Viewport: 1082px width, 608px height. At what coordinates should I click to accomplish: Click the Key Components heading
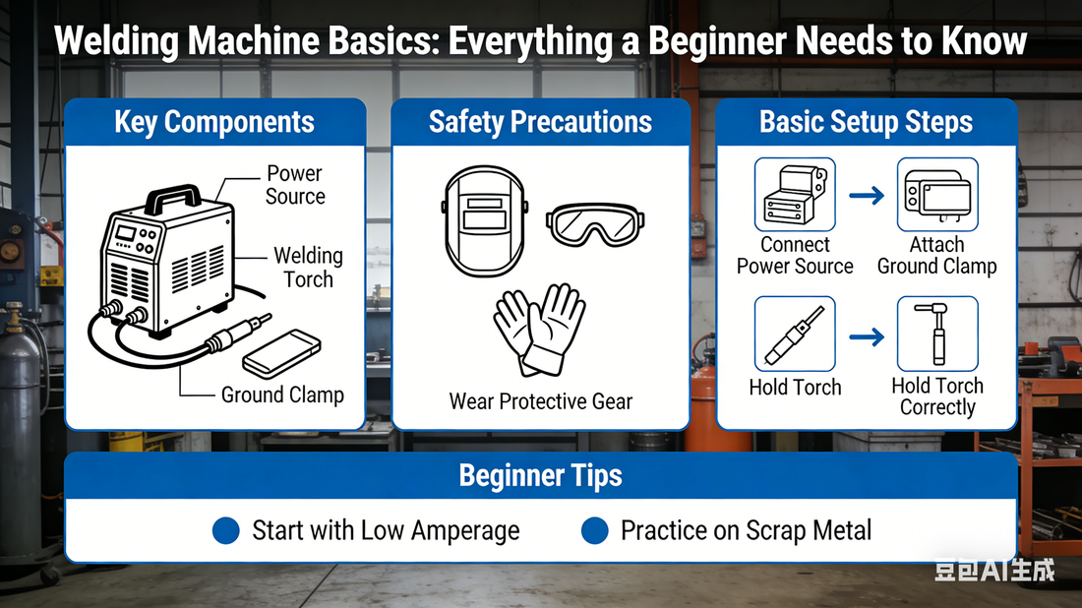click(x=214, y=123)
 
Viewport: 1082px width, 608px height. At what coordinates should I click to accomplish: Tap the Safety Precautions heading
click(x=540, y=122)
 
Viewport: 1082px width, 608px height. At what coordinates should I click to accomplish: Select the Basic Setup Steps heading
click(x=866, y=122)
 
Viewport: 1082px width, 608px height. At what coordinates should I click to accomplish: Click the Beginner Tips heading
click(x=540, y=476)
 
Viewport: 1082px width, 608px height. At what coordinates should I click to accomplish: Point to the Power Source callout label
click(x=294, y=184)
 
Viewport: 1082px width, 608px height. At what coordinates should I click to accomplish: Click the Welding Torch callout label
click(x=308, y=267)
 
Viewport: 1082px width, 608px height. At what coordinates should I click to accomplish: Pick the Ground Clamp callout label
click(x=282, y=395)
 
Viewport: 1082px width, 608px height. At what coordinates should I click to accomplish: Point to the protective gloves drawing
click(x=539, y=330)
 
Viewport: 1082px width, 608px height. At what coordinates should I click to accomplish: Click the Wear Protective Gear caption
click(x=540, y=401)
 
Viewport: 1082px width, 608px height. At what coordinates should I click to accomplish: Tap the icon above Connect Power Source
click(x=795, y=195)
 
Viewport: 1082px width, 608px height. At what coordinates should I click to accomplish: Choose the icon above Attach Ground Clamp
click(x=936, y=195)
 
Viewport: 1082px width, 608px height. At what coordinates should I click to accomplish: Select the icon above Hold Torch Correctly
click(x=936, y=334)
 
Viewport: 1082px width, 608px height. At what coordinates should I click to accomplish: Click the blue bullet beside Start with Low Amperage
click(x=226, y=531)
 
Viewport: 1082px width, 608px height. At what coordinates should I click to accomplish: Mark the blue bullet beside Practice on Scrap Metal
click(x=594, y=531)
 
